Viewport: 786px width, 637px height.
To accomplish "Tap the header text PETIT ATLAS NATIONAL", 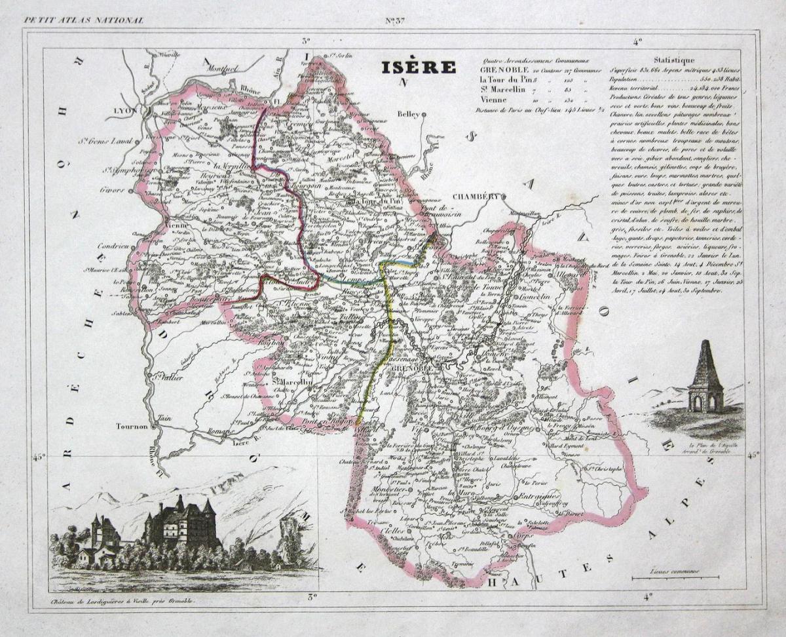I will (x=83, y=20).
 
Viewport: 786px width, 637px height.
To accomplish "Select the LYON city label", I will (x=123, y=111).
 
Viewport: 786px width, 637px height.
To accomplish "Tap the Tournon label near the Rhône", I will (x=131, y=425).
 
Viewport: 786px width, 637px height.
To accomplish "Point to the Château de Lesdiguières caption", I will (x=122, y=600).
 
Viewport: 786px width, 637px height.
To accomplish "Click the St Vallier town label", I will (x=162, y=376).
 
